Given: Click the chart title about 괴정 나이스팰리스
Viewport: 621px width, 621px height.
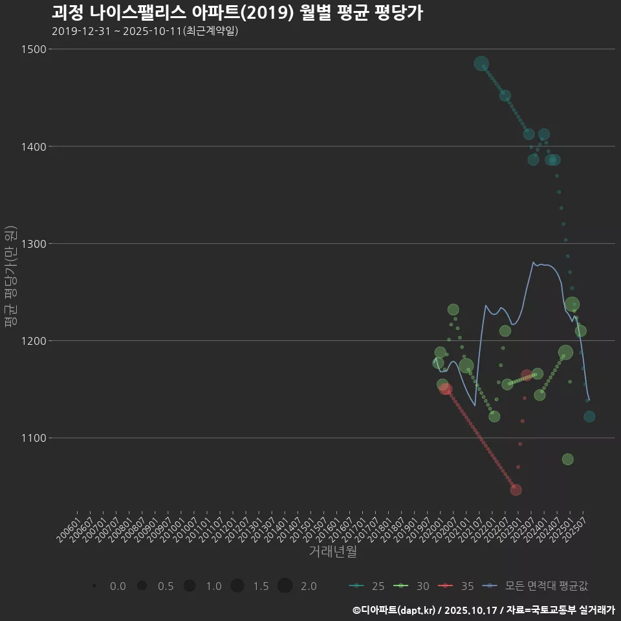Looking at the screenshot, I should tap(237, 13).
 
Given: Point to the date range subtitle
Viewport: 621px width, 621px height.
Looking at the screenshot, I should tap(145, 31).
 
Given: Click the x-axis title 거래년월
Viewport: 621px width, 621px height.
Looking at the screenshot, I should tap(333, 552).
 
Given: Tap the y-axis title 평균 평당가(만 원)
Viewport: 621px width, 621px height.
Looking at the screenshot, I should tap(10, 278).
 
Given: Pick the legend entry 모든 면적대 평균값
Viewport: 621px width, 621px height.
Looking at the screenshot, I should tap(537, 586).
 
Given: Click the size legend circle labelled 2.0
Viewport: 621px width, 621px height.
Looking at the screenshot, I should tap(285, 586).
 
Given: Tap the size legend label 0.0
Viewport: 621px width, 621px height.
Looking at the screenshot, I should tap(118, 586).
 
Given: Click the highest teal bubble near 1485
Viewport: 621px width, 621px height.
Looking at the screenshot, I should tap(481, 63).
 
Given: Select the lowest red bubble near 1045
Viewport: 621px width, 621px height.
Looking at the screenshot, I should tap(516, 490).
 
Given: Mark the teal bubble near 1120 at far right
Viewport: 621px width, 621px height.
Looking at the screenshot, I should tap(589, 417).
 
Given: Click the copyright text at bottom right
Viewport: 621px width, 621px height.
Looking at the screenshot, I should tap(483, 610).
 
